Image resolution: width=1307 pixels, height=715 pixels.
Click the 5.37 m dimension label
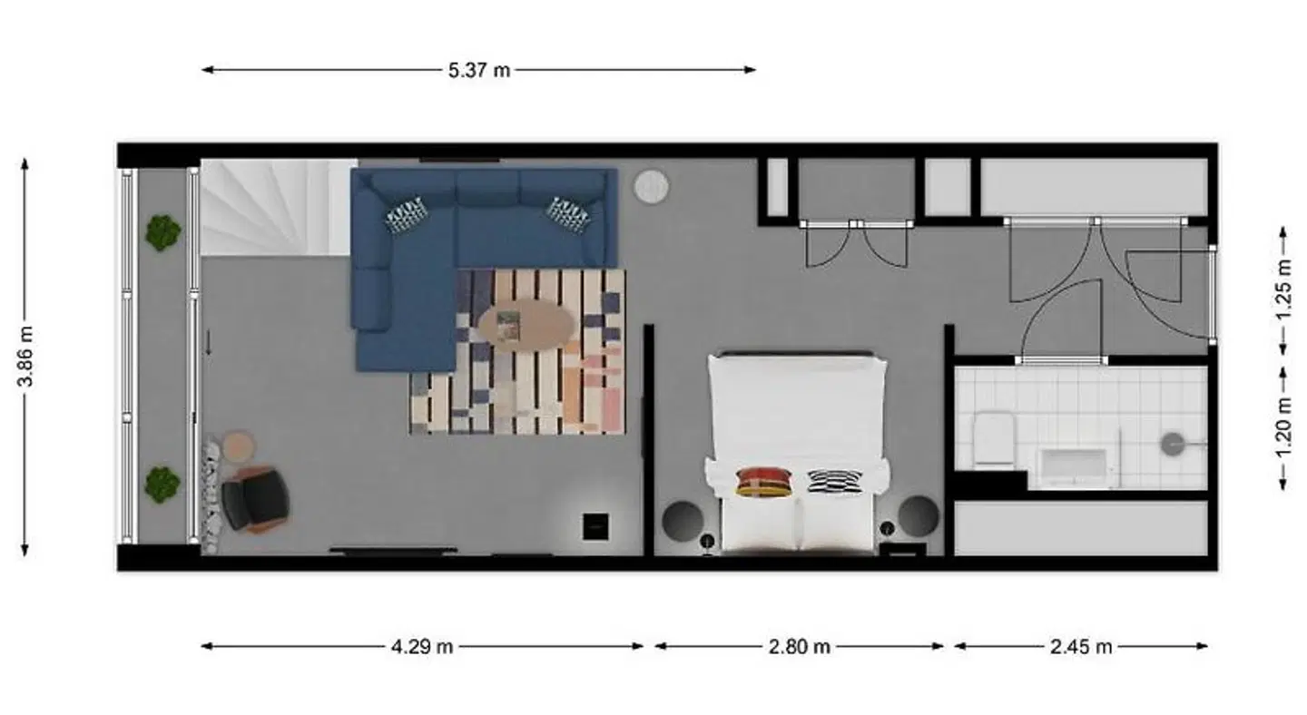pos(479,71)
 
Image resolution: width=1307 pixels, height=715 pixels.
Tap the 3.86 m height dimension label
pos(26,357)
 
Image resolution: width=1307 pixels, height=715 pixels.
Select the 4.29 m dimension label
pos(422,647)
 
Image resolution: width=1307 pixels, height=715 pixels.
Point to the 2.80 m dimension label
pos(799,647)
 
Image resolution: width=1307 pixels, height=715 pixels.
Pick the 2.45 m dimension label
pos(1081,647)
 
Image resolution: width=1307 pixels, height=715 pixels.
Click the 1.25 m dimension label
pos(1283,290)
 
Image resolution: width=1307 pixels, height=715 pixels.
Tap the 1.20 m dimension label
pos(1283,428)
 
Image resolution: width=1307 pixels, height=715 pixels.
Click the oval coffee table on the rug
pos(526,325)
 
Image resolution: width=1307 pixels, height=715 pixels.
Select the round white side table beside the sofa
pos(651,187)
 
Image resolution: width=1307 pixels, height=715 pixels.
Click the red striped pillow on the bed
pos(764,483)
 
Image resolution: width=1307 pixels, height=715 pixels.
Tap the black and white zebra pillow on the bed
pos(835,483)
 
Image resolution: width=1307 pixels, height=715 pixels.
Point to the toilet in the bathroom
pos(994,439)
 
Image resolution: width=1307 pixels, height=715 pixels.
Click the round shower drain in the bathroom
pos(1173,445)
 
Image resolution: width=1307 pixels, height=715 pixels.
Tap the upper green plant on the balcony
pos(162,232)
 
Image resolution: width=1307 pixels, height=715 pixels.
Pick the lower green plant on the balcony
pos(162,485)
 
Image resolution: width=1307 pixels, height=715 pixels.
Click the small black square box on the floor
pos(595,526)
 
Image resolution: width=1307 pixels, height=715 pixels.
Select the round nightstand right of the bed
pos(919,516)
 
